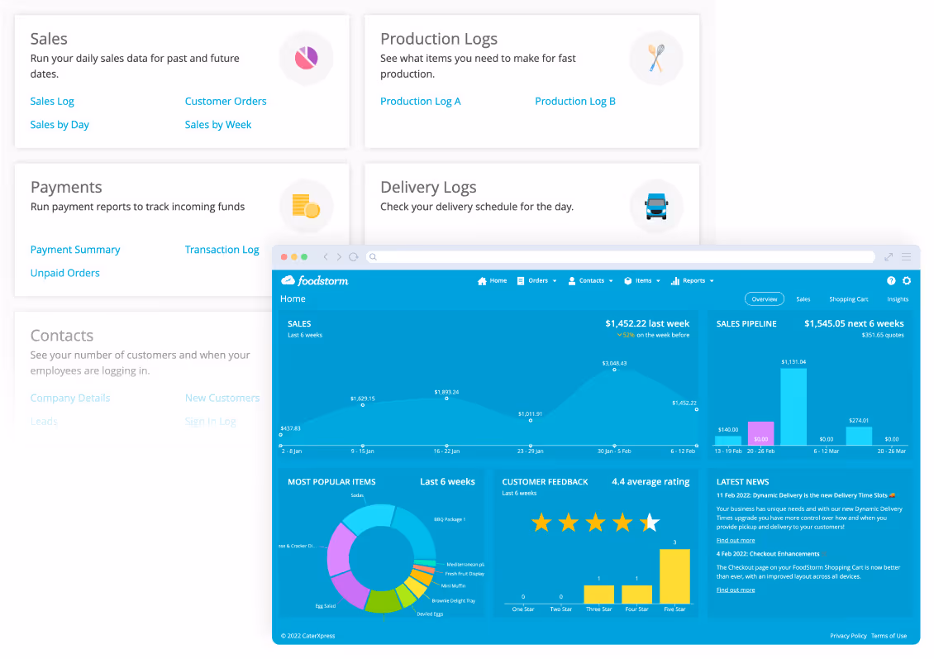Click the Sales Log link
52,102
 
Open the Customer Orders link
226,102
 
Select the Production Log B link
574,102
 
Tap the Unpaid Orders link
64,273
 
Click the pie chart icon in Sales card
307,57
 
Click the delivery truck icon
656,205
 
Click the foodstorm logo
315,281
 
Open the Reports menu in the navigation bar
693,281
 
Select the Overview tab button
764,299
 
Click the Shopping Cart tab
848,299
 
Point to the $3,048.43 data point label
614,363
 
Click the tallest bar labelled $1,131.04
793,407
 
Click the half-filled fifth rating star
650,523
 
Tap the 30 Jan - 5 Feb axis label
613,451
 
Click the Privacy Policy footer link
848,636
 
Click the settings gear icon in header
907,281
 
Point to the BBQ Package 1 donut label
450,519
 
